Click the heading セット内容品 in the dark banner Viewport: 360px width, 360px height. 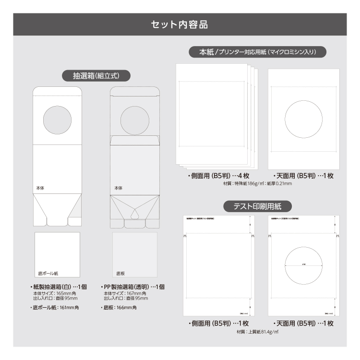180,24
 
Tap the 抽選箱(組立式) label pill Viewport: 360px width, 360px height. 96,76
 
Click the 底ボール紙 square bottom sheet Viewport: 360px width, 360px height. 57,254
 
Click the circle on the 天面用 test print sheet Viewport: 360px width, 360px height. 303,265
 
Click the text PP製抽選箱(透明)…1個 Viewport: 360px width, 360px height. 134,287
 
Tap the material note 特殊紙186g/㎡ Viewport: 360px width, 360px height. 240,183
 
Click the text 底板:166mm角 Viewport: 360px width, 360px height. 120,307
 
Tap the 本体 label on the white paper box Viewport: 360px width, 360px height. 40,188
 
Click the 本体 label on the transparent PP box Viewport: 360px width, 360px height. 118,188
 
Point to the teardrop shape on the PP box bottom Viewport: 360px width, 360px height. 135,213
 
